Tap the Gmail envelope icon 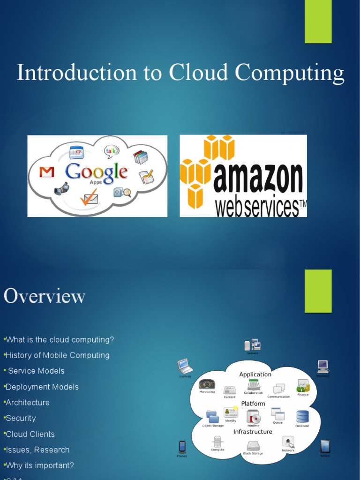46,172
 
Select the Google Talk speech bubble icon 112,151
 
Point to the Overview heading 45,296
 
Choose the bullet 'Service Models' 36,371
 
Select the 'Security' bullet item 21,418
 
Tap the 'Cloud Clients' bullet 30,434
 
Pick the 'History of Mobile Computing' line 57,355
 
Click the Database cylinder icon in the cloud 302,416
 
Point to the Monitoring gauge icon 207,384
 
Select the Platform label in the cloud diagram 253,404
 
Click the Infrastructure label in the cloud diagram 253,432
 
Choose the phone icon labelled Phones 182,447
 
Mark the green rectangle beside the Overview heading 318,291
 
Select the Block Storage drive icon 253,446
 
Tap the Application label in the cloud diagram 255,375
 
